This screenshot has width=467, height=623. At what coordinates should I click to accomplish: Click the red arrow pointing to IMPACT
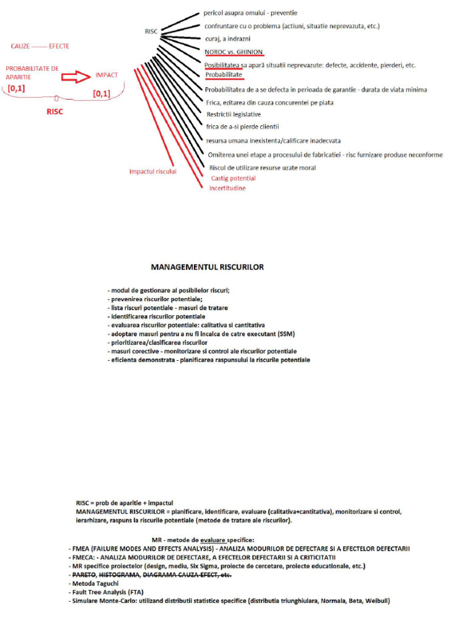tap(77, 76)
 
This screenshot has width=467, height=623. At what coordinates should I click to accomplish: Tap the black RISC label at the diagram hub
tap(151, 30)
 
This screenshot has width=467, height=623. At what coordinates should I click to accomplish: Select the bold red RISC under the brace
tap(55, 112)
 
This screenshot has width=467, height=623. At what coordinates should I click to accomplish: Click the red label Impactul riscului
tap(153, 172)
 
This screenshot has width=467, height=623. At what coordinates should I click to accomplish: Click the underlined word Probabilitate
tap(224, 75)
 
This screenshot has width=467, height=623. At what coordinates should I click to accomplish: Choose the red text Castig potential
tap(233, 178)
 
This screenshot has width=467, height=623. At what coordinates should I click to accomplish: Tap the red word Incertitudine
tap(227, 189)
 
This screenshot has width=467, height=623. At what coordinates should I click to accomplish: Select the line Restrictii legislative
tap(233, 114)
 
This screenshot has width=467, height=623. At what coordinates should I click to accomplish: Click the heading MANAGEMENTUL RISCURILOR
tap(207, 267)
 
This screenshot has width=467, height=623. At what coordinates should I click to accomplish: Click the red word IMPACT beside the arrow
tap(106, 75)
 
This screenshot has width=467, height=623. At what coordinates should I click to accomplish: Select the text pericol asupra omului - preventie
tap(251, 13)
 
